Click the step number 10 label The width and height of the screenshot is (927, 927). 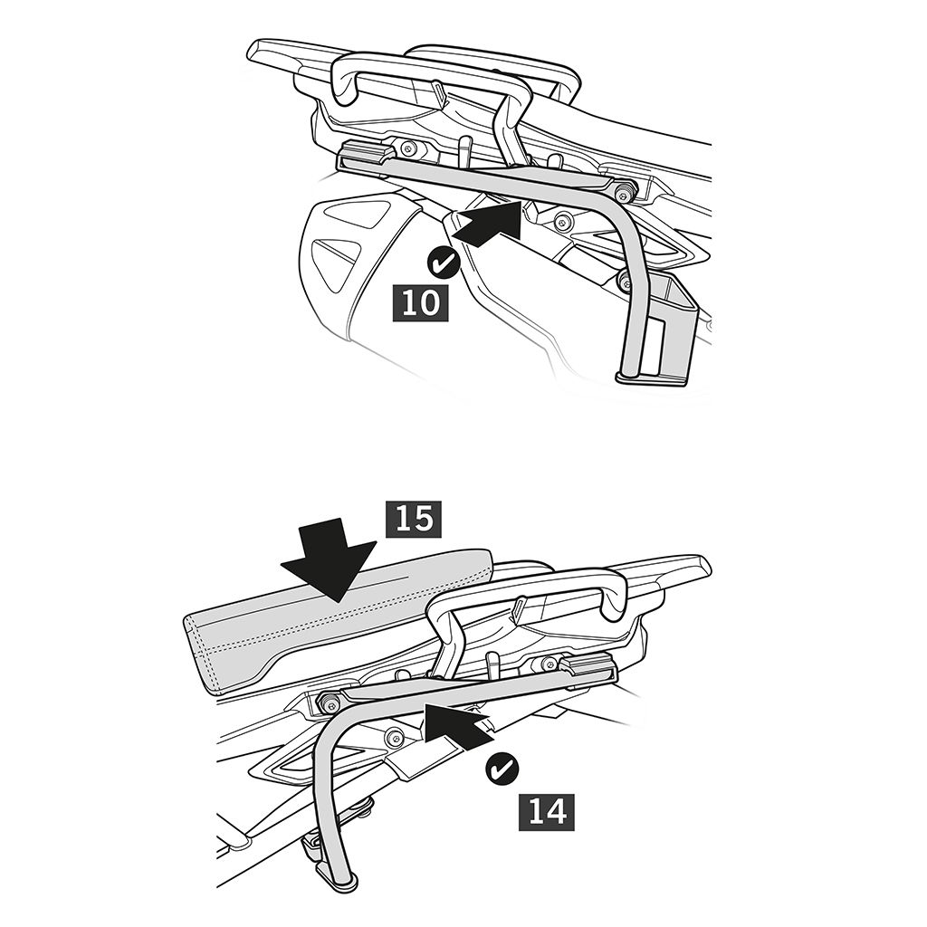[x=420, y=303]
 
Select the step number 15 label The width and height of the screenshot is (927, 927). [x=413, y=521]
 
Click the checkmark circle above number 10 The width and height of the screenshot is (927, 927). [x=441, y=264]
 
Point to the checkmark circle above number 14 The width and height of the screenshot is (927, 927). [x=502, y=769]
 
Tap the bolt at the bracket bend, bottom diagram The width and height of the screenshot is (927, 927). [x=329, y=702]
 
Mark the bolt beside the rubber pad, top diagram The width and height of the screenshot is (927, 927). [x=407, y=148]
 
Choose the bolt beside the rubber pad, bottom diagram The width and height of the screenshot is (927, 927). [x=542, y=663]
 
